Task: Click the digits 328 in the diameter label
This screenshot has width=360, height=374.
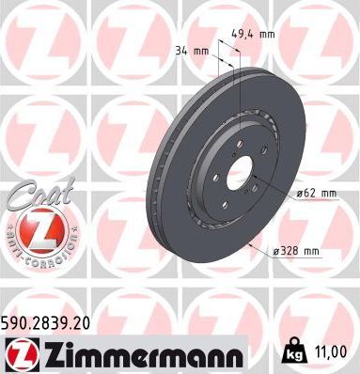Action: coord(292,251)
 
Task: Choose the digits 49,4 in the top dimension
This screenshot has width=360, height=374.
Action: coord(246,35)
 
